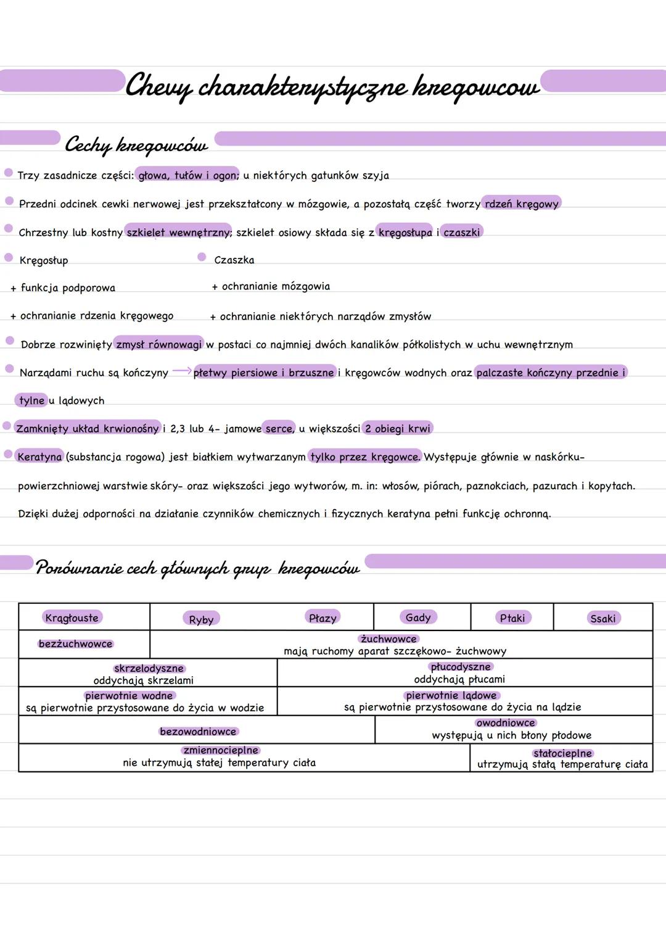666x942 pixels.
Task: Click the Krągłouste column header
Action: [x=72, y=618]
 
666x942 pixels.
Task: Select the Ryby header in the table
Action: [x=201, y=619]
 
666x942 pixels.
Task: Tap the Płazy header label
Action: [x=323, y=618]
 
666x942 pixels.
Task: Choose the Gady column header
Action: [x=418, y=617]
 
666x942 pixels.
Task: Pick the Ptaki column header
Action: [x=512, y=618]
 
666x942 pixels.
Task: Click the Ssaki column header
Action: [x=602, y=618]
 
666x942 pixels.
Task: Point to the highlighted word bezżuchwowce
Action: [x=75, y=643]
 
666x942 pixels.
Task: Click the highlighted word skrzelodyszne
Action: [x=149, y=668]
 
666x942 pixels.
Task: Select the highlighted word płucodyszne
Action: [x=461, y=667]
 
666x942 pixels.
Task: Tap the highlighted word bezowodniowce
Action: [x=198, y=731]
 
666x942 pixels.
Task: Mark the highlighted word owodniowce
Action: [x=506, y=722]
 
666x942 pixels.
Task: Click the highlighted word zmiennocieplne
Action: [x=221, y=750]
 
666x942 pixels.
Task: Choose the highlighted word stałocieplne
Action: [x=562, y=753]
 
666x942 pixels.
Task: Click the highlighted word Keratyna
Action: [x=39, y=457]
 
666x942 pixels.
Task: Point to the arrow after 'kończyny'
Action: [x=181, y=371]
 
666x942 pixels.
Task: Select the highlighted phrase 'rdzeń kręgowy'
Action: [x=521, y=204]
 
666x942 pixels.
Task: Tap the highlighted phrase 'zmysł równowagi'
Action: [x=159, y=344]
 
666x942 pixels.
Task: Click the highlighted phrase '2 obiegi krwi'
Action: [x=398, y=428]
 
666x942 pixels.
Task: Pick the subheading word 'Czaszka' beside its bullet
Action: [x=234, y=260]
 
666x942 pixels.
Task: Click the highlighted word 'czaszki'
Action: [x=461, y=232]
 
